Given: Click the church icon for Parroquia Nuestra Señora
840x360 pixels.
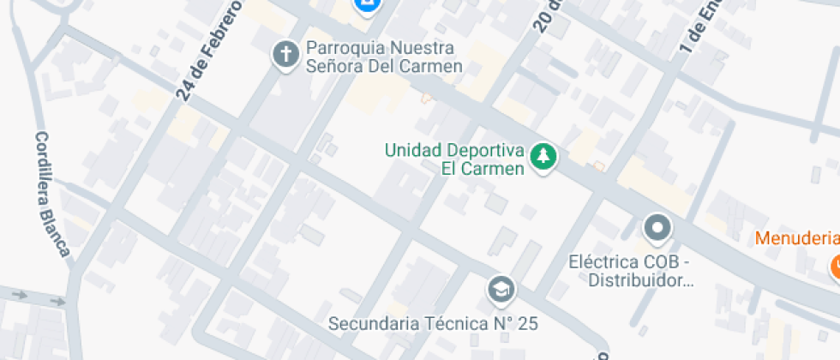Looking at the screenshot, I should pos(285,56).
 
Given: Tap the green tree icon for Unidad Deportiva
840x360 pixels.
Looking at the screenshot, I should pos(543,157).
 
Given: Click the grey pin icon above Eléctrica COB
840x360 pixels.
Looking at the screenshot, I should pos(657,228).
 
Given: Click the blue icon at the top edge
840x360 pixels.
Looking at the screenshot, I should pos(368,7).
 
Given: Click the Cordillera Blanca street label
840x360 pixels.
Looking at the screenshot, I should pos(51,194).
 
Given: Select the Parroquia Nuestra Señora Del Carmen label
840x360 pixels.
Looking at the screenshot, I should pos(384,57).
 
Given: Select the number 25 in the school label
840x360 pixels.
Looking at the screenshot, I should pos(525,324).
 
